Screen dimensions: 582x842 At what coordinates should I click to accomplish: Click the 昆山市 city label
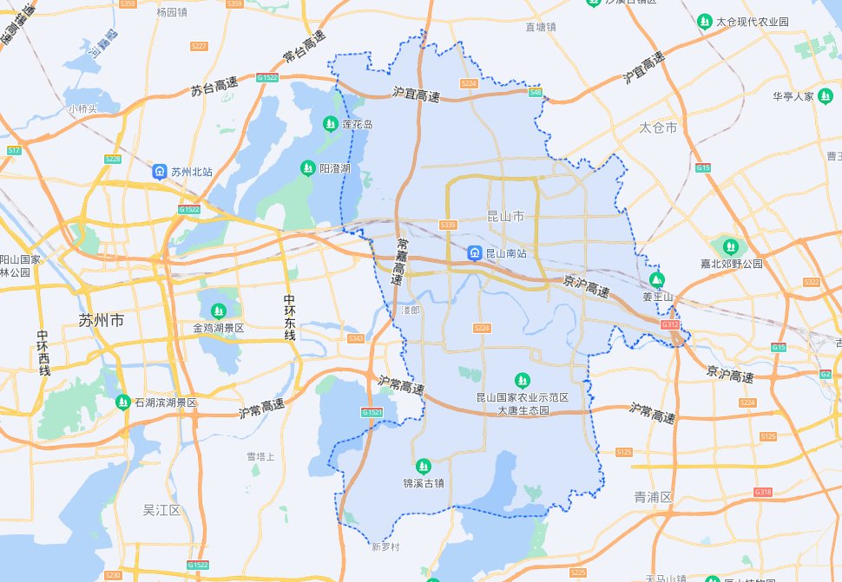tap(507, 215)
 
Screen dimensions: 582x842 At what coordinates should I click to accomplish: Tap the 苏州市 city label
tap(101, 320)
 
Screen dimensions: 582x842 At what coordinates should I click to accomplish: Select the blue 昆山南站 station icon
tap(475, 253)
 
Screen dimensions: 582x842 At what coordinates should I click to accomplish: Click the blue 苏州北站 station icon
tap(160, 172)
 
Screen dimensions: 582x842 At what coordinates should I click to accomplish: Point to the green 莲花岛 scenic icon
tap(330, 125)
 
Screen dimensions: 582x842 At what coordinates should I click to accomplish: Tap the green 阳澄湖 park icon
tap(308, 167)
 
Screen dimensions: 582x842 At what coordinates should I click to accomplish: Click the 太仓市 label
tap(658, 127)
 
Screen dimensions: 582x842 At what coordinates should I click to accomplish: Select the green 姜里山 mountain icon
tap(657, 279)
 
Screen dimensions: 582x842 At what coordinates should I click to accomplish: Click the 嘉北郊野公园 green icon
tap(730, 246)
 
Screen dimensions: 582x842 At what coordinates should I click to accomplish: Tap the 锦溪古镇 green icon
tap(424, 466)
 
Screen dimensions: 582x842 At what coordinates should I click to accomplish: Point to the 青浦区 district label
tap(654, 497)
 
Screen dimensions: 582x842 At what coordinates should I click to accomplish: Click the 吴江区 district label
tap(161, 510)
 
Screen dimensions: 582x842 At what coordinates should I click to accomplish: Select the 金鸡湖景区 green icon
tap(218, 311)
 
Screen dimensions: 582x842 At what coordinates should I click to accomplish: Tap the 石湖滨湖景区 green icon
tap(122, 402)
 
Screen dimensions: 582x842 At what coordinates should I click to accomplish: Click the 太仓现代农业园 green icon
tap(705, 21)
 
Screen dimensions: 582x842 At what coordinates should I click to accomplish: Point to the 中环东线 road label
tap(290, 316)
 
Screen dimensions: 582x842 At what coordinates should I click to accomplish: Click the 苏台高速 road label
tap(214, 87)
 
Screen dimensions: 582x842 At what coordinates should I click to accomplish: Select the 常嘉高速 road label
tap(398, 262)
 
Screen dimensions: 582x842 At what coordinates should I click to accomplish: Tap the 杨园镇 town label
tap(172, 12)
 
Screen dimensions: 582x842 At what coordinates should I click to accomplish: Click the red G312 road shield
tap(669, 324)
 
